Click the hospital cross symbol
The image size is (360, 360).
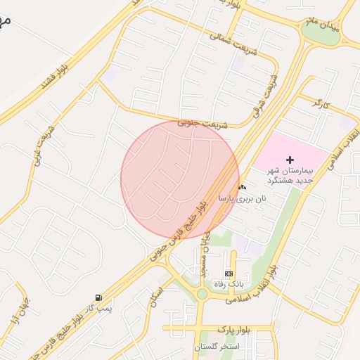tap(290, 160)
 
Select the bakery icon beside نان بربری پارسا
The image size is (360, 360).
tap(243, 187)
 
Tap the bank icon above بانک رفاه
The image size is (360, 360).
tap(229, 274)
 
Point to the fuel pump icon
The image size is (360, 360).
tap(98, 297)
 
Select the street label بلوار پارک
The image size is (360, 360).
tap(215, 328)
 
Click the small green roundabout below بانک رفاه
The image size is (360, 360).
tap(202, 294)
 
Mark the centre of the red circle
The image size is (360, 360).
tap(180, 179)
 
